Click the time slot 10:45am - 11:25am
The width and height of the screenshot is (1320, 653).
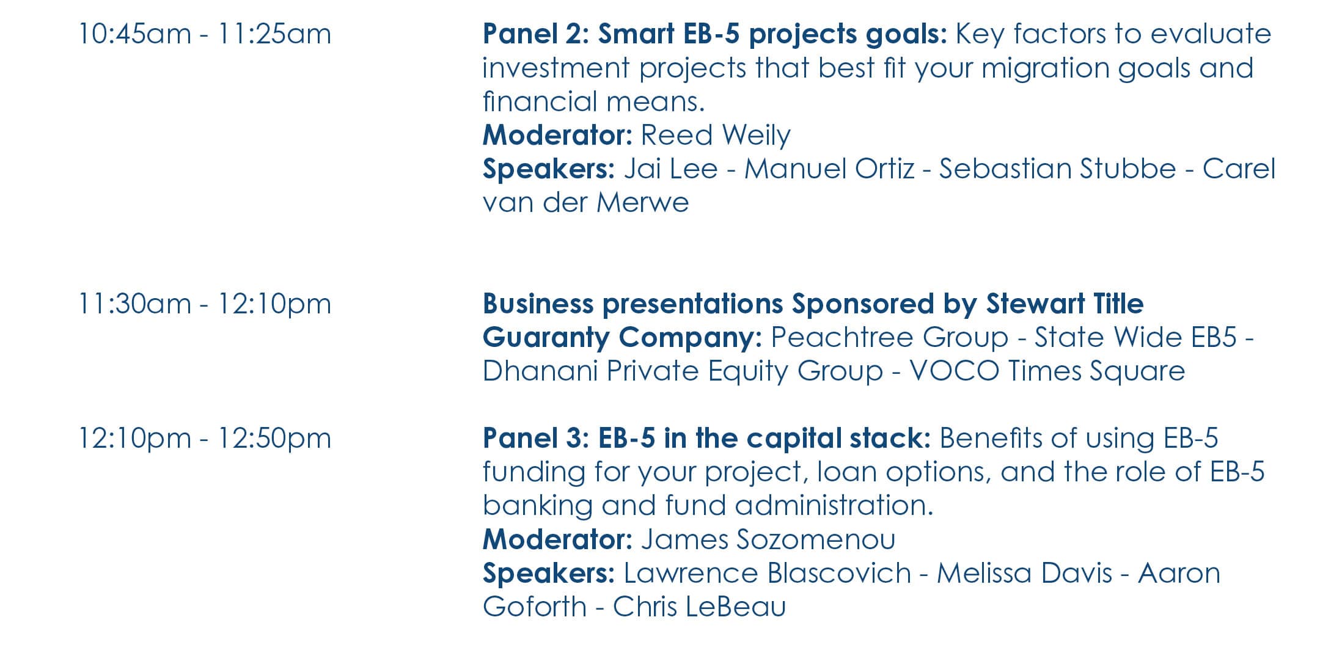tap(205, 34)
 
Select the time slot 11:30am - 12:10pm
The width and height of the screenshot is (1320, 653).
tap(205, 304)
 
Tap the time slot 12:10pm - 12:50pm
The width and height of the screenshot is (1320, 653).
tap(205, 438)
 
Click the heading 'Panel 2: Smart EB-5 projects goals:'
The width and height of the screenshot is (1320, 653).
tap(714, 35)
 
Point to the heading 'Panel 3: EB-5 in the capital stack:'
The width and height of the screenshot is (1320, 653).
tap(706, 438)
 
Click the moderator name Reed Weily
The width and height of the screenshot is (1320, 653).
tap(716, 136)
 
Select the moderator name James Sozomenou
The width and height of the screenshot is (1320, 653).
tap(768, 539)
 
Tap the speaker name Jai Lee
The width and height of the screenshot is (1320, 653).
tap(670, 169)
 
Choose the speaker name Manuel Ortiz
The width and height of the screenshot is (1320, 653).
tap(829, 169)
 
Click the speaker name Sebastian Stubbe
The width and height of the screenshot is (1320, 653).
tap(1057, 169)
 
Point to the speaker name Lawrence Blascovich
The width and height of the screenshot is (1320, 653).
tap(767, 573)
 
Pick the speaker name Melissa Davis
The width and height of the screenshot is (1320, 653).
tap(1024, 573)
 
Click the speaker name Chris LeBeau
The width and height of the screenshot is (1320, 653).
tap(699, 607)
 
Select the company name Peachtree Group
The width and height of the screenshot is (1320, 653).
tap(889, 337)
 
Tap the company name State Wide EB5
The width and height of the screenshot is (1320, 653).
tap(1135, 337)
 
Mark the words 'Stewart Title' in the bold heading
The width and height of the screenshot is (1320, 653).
tap(1065, 304)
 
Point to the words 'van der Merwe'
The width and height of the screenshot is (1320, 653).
tap(585, 203)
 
